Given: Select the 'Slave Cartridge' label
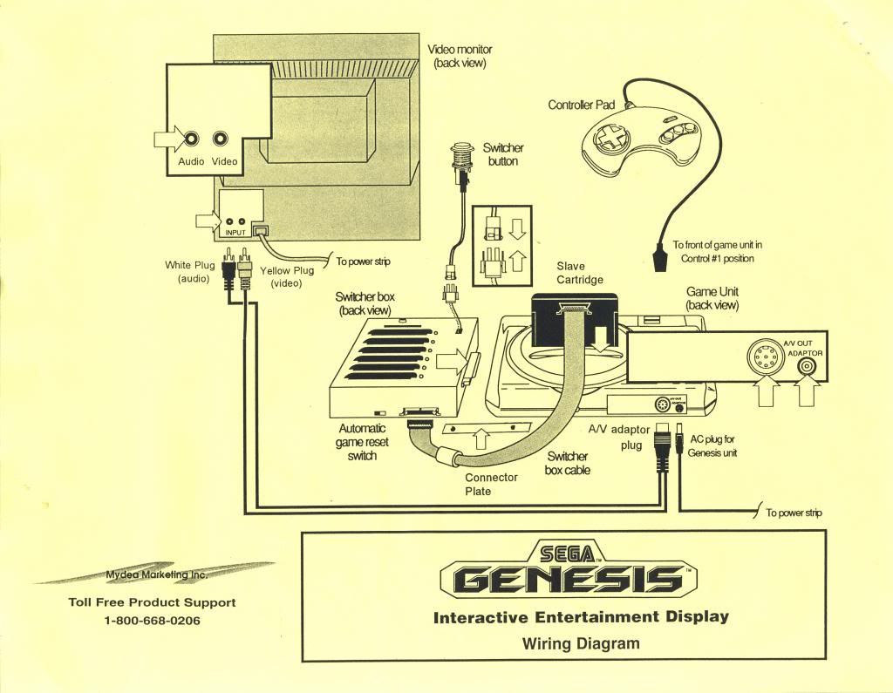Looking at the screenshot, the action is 579,273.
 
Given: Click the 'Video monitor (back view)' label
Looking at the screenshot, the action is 460,57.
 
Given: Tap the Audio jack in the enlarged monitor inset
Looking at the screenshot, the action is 191,139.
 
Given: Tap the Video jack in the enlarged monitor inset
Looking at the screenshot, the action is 221,139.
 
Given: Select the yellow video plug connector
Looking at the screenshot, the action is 245,268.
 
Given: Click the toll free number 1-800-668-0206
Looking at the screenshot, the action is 152,621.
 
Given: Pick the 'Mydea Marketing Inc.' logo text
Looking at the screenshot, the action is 157,574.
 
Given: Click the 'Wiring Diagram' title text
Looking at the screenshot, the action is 581,644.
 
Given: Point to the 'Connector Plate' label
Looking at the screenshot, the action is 491,484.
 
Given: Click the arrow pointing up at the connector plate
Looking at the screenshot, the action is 481,438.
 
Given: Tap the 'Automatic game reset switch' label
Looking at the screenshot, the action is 362,442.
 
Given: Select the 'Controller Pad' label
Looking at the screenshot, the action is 582,105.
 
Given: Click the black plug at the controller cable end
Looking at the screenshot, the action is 660,257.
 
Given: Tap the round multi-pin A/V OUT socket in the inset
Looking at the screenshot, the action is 763,357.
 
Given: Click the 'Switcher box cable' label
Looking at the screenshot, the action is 567,463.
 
